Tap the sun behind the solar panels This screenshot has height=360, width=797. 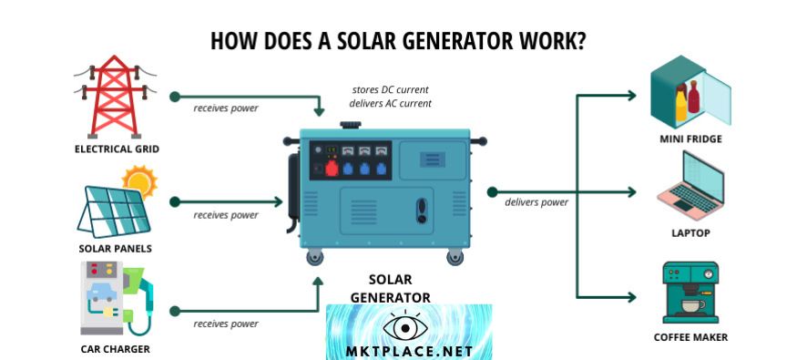pyautogui.click(x=140, y=181)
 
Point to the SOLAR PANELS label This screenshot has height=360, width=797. pyautogui.click(x=115, y=248)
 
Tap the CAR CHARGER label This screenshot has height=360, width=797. pyautogui.click(x=114, y=348)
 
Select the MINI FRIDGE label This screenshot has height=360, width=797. pyautogui.click(x=690, y=139)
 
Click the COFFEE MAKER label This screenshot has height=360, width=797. pyautogui.click(x=690, y=337)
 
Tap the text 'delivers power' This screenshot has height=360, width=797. pyautogui.click(x=536, y=202)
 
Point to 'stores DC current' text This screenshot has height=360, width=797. pyautogui.click(x=390, y=89)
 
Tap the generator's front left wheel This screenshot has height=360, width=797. pyautogui.click(x=314, y=259)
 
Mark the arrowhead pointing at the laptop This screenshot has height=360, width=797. pyautogui.click(x=632, y=191)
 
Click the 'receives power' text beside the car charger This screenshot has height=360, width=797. pyautogui.click(x=225, y=324)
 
